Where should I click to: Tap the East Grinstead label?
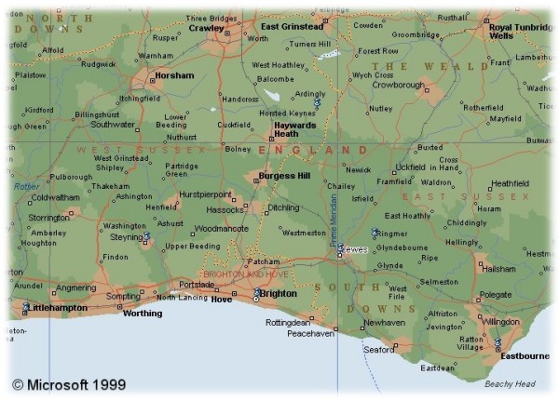pyautogui.click(x=292, y=27)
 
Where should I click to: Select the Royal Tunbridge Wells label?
pyautogui.click(x=520, y=32)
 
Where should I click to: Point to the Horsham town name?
pyautogui.click(x=175, y=75)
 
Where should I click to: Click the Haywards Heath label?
pyautogui.click(x=294, y=128)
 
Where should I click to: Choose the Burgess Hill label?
pyautogui.click(x=284, y=175)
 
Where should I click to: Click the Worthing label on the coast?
pyautogui.click(x=143, y=314)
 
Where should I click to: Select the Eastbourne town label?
pyautogui.click(x=525, y=356)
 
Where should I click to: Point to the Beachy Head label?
pyautogui.click(x=510, y=384)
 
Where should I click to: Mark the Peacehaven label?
pyautogui.click(x=310, y=332)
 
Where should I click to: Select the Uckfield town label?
pyautogui.click(x=410, y=167)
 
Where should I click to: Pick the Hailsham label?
pyautogui.click(x=498, y=269)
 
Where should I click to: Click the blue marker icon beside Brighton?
pyautogui.click(x=256, y=293)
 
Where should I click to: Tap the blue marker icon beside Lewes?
pyautogui.click(x=340, y=249)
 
